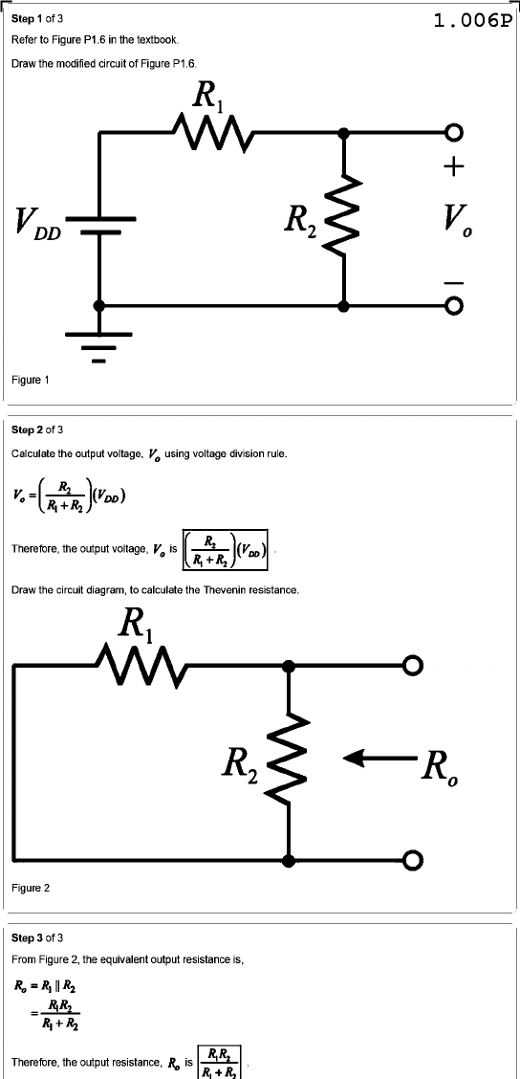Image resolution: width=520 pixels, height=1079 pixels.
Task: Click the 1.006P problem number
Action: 473,21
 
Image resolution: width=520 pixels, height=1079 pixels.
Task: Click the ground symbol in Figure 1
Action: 99,346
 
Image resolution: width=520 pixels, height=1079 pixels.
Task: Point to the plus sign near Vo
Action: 453,167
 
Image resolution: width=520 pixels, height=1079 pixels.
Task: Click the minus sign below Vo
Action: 453,282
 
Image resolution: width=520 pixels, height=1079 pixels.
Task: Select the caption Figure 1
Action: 31,379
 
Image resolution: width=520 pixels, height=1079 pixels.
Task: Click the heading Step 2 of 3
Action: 38,430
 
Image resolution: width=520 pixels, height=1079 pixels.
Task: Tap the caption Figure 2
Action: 31,889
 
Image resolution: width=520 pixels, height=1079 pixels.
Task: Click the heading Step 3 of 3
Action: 38,938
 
